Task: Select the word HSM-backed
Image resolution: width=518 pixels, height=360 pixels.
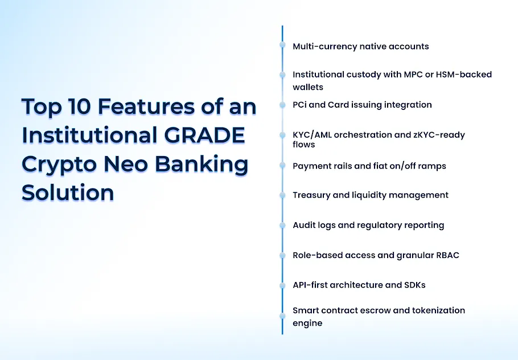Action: pos(466,75)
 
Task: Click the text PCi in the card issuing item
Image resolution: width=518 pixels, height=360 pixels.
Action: pos(301,105)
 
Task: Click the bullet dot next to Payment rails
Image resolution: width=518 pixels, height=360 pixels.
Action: pos(282,165)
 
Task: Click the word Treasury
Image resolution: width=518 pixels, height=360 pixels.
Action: pos(311,195)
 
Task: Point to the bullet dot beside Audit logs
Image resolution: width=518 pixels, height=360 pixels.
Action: pos(282,225)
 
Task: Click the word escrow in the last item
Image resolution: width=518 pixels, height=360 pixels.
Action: pos(379,310)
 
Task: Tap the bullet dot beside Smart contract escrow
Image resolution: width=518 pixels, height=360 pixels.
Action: pos(282,315)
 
